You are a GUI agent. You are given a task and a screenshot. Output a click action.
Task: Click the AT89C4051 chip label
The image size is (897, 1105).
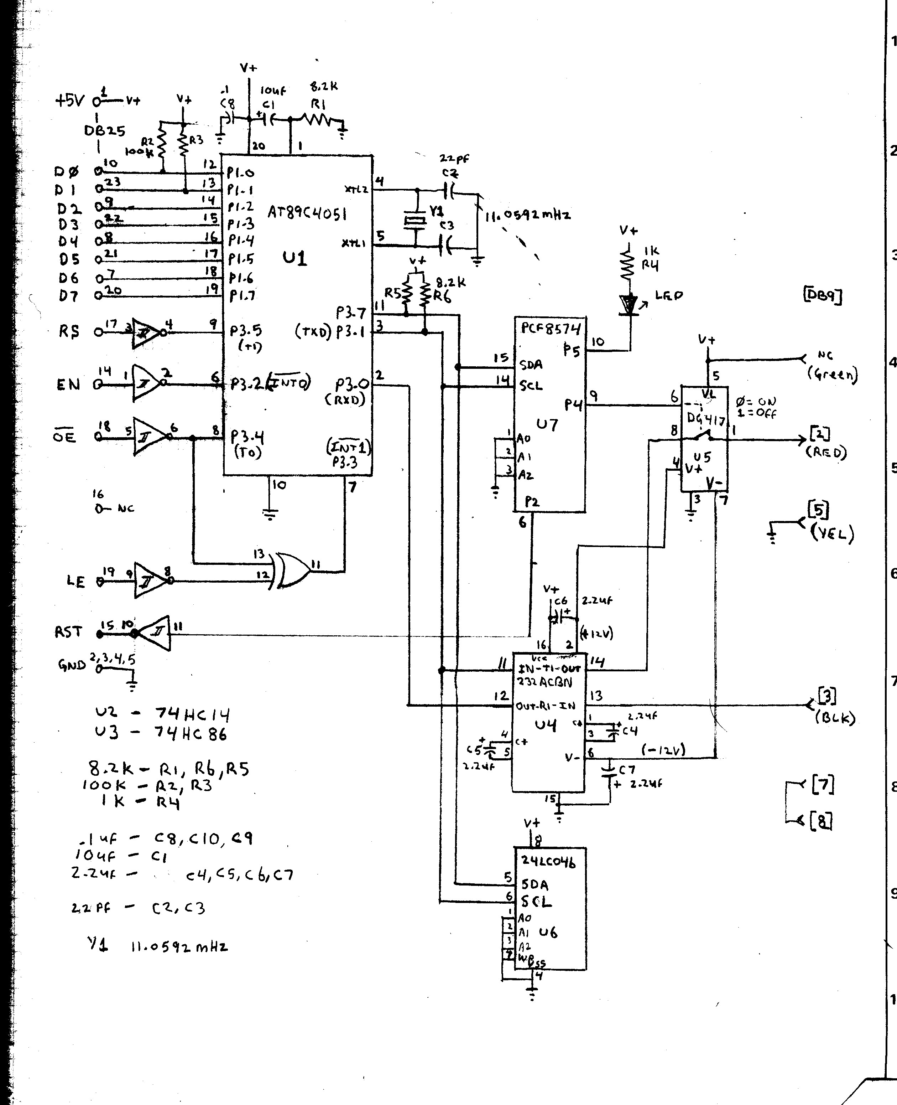[307, 213]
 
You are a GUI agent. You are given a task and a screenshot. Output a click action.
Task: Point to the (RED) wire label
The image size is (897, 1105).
[826, 453]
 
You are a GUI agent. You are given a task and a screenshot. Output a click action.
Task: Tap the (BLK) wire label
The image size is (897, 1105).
[834, 718]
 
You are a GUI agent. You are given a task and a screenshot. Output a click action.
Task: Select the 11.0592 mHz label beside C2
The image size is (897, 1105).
[527, 215]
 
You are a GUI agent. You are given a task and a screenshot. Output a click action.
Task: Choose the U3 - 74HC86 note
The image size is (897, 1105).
[161, 733]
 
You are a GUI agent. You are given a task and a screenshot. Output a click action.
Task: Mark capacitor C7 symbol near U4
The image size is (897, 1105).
[610, 774]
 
